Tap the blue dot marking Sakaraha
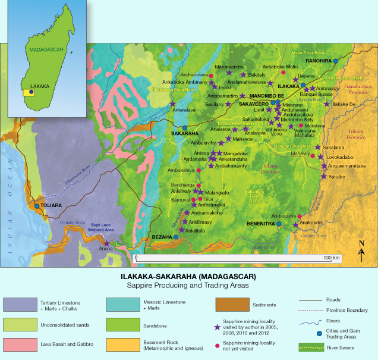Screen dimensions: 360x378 pos(185,128)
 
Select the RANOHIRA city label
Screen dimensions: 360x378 pos(319,61)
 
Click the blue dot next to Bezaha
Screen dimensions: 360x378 pos(176,237)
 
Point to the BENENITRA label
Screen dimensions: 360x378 pos(260,224)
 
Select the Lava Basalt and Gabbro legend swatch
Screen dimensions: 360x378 pos(19,345)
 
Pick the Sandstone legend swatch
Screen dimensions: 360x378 pos(122,325)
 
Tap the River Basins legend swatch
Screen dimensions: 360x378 pos(311,345)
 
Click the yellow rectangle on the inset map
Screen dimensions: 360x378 pos(29,93)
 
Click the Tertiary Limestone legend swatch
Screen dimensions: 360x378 pos(19,305)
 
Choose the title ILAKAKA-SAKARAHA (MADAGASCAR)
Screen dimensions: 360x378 pos(188,277)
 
